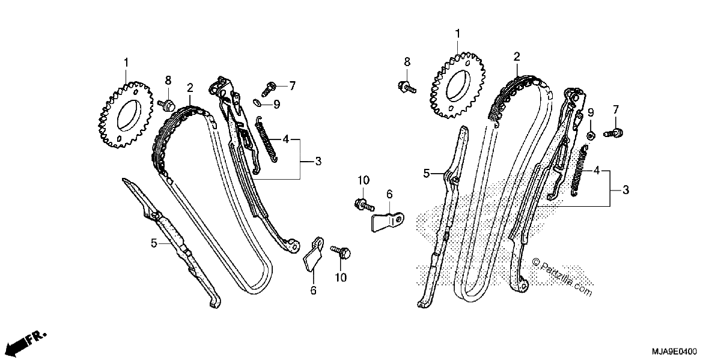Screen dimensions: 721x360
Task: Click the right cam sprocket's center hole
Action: pos(458,85)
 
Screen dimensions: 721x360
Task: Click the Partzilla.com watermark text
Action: pos(562,276)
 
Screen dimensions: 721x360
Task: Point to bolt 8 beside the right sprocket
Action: pos(407,87)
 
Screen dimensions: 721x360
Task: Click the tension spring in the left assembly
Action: pos(267,139)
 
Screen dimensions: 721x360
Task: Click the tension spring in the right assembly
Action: pos(579,171)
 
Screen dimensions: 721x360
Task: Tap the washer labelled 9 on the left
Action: pos(257,102)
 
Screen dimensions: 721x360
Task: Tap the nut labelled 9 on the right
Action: pos(590,136)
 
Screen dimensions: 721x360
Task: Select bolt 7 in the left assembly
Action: pos(269,88)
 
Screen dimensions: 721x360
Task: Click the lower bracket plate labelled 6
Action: pos(314,254)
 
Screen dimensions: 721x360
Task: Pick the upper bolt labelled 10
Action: pos(364,204)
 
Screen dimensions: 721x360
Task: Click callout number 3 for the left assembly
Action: pos(318,161)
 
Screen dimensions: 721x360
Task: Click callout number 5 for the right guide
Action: pos(427,174)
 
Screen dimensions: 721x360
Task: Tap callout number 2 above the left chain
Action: pos(190,88)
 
